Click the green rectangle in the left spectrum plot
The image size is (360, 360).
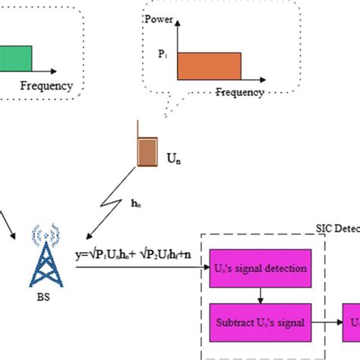15,58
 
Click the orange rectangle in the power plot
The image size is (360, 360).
209,66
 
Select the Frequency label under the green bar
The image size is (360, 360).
46,86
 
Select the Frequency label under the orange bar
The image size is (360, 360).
239,93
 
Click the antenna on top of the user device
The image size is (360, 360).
137,130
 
